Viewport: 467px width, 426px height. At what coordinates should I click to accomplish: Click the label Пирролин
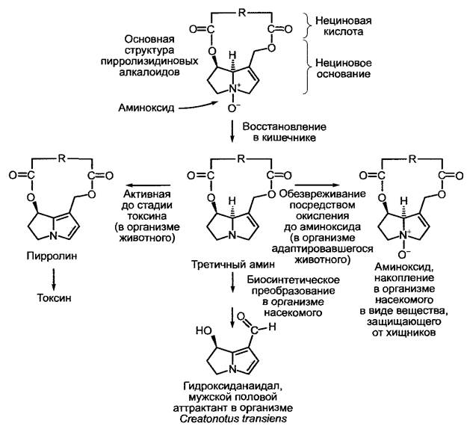52,256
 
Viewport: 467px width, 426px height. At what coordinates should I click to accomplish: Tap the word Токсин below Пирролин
54,298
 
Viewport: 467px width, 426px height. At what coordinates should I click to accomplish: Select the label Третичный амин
232,264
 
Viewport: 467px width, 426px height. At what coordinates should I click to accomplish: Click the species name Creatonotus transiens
233,419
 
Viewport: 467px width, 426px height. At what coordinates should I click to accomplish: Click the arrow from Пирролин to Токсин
54,279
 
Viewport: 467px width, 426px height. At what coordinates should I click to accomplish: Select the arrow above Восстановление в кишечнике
232,131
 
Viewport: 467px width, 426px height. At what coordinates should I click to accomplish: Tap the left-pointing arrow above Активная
147,185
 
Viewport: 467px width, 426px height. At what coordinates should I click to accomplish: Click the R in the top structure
241,13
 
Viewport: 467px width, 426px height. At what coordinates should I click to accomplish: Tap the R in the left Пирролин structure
62,158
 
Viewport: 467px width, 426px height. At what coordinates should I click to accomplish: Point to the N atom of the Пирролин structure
54,236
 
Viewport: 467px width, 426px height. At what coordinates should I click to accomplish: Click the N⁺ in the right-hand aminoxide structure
405,235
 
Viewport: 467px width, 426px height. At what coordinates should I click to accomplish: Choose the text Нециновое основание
344,68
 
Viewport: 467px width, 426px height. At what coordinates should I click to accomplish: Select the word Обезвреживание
322,194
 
